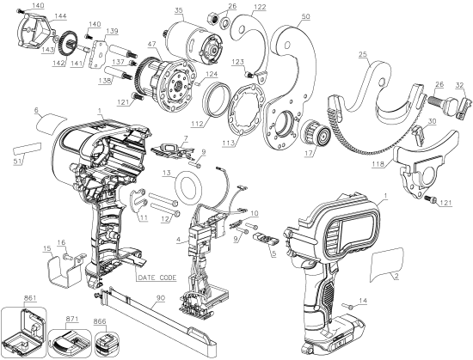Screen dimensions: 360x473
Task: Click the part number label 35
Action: pos(178,10)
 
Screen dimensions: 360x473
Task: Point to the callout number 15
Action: pos(46,249)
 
